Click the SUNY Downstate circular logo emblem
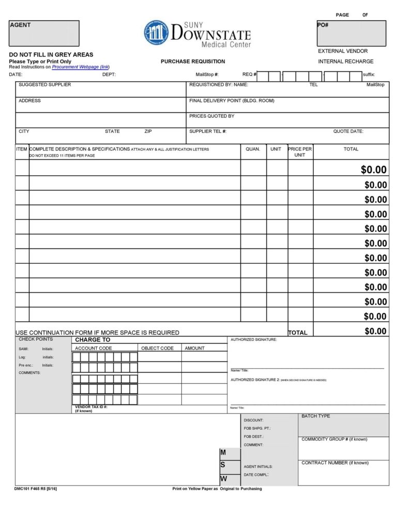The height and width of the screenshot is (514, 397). [156, 33]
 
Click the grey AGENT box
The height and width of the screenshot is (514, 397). [44, 34]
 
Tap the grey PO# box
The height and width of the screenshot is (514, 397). [351, 34]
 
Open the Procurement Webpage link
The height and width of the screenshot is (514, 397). [81, 67]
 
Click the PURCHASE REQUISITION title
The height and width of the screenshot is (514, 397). [193, 62]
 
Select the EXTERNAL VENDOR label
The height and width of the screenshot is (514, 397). [343, 51]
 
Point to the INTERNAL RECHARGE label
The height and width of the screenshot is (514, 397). [345, 62]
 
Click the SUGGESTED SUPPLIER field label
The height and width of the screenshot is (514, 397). [45, 85]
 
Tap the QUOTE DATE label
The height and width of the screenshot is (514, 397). [348, 131]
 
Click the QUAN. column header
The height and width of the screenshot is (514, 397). [253, 149]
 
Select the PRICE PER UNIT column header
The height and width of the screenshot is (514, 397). [300, 152]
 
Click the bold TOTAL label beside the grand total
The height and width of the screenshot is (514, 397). [297, 333]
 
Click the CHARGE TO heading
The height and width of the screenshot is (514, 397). [93, 340]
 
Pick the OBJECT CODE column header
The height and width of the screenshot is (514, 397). [157, 349]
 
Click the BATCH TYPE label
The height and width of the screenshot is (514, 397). [315, 416]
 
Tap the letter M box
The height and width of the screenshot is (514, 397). [223, 452]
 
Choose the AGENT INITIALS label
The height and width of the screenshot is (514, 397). [258, 467]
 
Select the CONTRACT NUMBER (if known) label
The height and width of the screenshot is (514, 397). [335, 463]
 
